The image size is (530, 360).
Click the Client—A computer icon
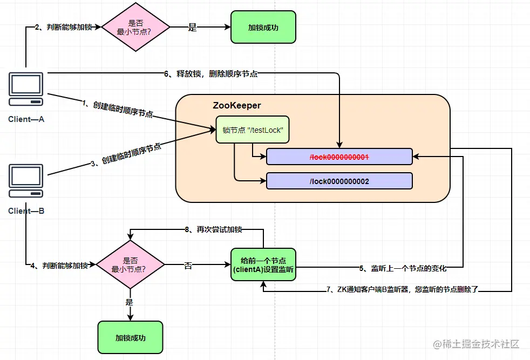26,89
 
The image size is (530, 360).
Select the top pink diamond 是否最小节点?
136,26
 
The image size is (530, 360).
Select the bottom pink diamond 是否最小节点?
130,264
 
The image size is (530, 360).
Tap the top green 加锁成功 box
263,27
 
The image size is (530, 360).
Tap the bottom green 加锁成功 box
130,338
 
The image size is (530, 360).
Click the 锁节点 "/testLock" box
253,130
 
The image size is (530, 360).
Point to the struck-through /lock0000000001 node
339,157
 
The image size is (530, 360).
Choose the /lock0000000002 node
339,181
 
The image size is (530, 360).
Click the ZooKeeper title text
237,106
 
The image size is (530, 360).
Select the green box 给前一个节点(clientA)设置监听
263,265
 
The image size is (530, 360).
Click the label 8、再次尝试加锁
213,229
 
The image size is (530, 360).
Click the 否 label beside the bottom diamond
188,265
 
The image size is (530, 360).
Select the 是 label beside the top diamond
193,27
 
